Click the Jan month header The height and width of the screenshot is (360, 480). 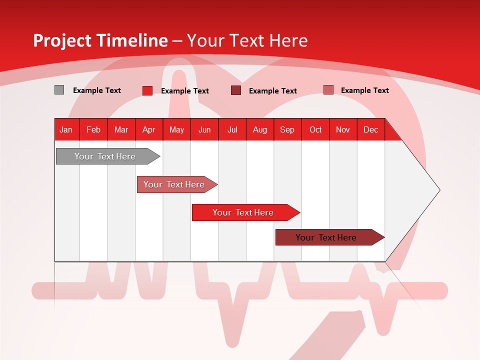(x=66, y=129)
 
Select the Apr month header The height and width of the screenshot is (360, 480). (x=148, y=129)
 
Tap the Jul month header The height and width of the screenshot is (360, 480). (x=232, y=129)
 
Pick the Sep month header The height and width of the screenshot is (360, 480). (x=287, y=129)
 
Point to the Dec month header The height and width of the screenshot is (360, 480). (x=370, y=129)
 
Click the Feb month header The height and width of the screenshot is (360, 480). (x=93, y=129)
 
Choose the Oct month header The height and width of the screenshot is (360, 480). (x=315, y=129)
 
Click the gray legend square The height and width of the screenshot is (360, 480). (x=59, y=90)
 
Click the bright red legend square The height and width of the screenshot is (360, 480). (x=147, y=90)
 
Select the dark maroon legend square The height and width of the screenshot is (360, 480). (x=236, y=90)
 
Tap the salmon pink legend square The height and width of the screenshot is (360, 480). (x=328, y=90)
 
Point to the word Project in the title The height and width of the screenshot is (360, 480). (x=62, y=40)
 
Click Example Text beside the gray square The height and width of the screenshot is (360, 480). (x=97, y=90)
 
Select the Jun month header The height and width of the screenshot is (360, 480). (x=204, y=129)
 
